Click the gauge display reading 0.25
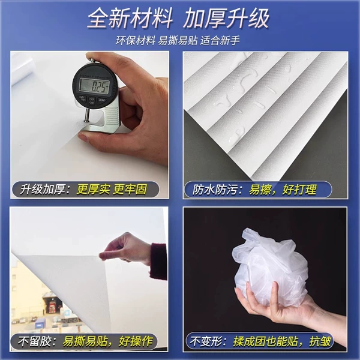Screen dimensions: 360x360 point(94,86)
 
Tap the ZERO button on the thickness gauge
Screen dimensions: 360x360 point(101,101)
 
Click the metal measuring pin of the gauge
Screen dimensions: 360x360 point(87,115)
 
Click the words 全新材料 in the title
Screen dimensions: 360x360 point(130,19)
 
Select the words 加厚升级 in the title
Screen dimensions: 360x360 point(226,19)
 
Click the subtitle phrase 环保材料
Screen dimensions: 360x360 point(136,41)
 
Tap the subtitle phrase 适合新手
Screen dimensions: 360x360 point(220,41)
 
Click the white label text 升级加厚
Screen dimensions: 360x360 point(43,190)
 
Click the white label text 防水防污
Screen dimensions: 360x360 point(215,190)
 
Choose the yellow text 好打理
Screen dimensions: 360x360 point(299,190)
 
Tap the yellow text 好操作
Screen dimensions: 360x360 point(136,341)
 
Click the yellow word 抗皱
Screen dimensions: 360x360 point(320,341)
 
